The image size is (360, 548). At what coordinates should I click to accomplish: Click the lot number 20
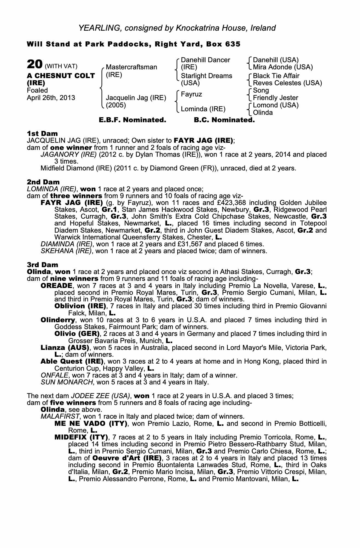coord(34,65)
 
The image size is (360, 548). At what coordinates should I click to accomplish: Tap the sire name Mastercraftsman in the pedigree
coord(132,67)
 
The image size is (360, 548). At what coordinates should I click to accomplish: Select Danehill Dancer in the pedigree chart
coord(205,60)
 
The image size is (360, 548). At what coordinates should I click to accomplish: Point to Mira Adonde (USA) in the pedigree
coord(283,67)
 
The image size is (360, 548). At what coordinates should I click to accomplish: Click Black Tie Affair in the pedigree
coord(276,76)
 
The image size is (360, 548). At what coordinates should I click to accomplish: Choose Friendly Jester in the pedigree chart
coord(276,98)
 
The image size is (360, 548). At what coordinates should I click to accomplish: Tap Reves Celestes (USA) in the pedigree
coord(287,83)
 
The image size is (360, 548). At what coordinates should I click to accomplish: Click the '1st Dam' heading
coord(42,134)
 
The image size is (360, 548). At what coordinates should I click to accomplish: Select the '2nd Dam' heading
coord(43,182)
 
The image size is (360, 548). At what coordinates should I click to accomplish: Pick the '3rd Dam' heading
coord(42,265)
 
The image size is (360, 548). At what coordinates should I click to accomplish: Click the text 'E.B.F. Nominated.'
coord(132,120)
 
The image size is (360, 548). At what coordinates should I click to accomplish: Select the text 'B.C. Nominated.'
coord(224,120)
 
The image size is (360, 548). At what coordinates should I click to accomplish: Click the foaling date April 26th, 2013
coord(51,98)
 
